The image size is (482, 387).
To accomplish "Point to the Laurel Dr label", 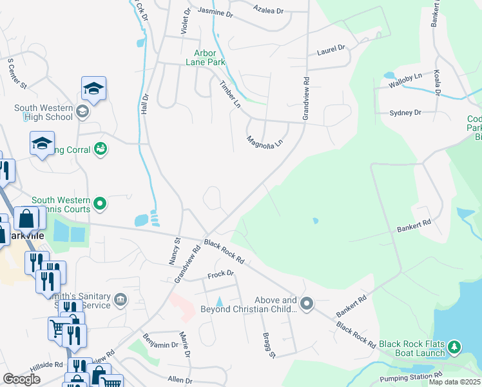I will [x=331, y=48].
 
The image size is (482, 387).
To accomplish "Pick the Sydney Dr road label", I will [x=405, y=112].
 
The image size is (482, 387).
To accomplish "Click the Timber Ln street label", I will [x=229, y=94].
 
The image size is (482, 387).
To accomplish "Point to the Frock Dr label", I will [x=220, y=275].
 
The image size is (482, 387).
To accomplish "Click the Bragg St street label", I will [x=269, y=344].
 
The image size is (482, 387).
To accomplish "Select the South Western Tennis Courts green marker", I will [x=100, y=204].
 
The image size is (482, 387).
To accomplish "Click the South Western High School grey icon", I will [x=82, y=112].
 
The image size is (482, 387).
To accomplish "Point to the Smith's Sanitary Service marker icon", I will [x=120, y=299].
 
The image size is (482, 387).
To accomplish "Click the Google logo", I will [x=21, y=379].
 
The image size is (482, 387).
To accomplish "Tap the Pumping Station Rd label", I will [x=410, y=375].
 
